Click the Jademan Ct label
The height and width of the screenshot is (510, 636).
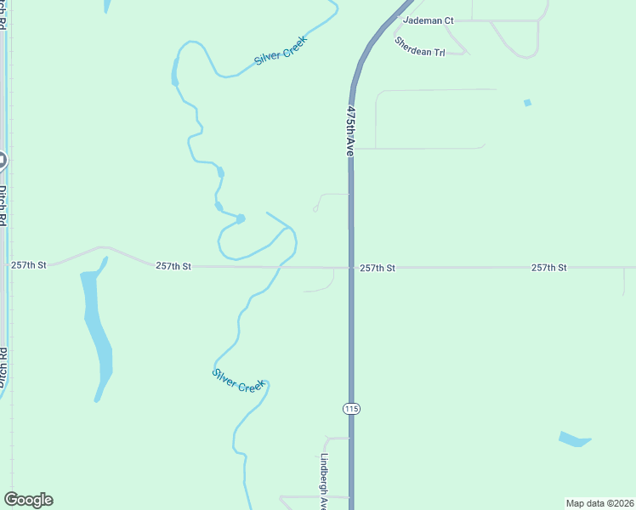tap(429, 20)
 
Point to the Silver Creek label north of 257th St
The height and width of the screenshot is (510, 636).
tap(280, 51)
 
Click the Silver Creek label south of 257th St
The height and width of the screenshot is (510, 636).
tap(239, 379)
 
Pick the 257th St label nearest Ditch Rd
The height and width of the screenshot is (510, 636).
tap(29, 265)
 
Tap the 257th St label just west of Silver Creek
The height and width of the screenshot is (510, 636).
tap(173, 266)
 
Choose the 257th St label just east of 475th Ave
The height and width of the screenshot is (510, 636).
tap(378, 268)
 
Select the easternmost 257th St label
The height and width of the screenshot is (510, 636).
tap(549, 268)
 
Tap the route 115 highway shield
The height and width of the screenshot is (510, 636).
tap(352, 409)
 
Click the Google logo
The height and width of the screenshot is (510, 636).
tap(28, 500)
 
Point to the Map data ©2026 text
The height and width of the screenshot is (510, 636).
tap(599, 503)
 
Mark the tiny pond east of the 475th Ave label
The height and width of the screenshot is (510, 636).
tap(527, 103)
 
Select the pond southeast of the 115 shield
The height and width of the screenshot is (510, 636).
tap(574, 439)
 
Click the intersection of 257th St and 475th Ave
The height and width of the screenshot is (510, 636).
tap(351, 268)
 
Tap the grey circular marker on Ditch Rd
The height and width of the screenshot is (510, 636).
tap(2, 159)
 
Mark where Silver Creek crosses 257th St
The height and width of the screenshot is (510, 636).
tap(279, 267)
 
